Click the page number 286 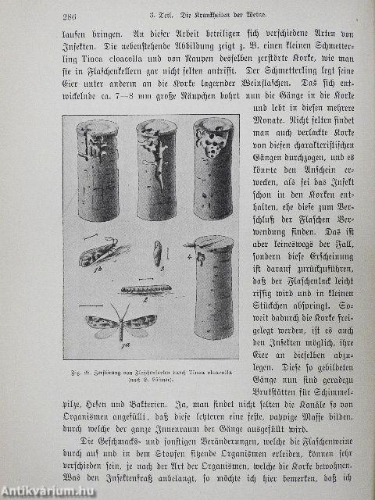[x=73, y=19]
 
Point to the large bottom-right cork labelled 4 [x=214, y=287]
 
